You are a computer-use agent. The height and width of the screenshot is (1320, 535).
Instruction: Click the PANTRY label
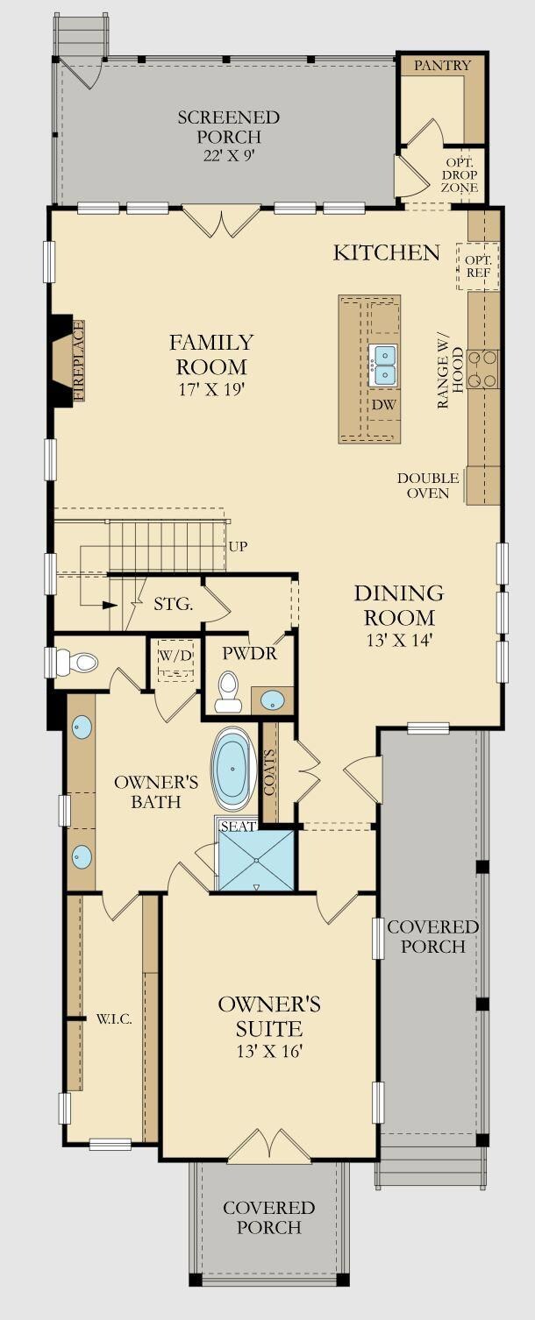(x=442, y=65)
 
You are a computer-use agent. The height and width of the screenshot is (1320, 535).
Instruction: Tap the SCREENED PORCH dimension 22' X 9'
(x=229, y=155)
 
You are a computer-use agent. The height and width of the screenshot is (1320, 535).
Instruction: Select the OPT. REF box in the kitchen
(x=478, y=267)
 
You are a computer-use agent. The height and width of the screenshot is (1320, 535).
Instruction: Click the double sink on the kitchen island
(x=384, y=365)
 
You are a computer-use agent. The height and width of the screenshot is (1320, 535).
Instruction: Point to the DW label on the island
(x=383, y=406)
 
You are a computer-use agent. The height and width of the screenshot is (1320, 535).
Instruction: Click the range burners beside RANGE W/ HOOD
(x=483, y=370)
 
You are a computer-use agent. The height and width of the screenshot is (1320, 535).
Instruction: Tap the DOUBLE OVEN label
(x=428, y=486)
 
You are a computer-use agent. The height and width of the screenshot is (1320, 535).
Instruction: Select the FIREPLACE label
(x=78, y=361)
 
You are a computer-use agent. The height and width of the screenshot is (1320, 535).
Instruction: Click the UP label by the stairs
(x=238, y=546)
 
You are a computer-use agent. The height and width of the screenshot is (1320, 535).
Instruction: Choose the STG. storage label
(x=173, y=604)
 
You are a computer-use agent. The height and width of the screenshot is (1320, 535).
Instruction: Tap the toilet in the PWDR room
(x=227, y=692)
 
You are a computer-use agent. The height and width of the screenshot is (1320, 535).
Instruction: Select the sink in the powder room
(x=273, y=700)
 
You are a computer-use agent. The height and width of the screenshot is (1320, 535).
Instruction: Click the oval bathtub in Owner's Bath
(x=235, y=770)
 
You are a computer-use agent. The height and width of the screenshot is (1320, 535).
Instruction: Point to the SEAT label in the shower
(x=239, y=827)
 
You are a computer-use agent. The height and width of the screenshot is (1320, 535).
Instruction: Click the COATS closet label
(x=269, y=772)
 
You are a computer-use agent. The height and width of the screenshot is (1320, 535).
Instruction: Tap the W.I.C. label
(x=114, y=1018)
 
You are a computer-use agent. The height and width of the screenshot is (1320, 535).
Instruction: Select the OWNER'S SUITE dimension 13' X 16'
(x=269, y=1050)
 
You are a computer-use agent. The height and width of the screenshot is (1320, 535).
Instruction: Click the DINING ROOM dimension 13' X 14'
(x=400, y=640)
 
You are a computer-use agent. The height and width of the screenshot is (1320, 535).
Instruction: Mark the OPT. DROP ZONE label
(x=460, y=175)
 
